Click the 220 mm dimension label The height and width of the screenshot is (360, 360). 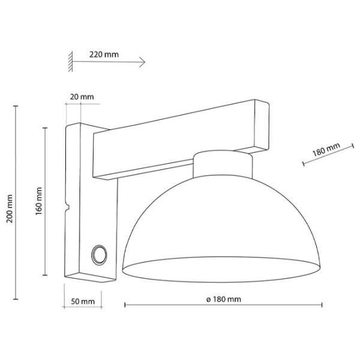[x=104, y=55]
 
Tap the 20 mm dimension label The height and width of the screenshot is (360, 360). [x=82, y=97]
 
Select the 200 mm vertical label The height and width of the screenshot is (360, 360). [x=10, y=209]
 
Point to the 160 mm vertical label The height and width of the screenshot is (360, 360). [x=39, y=201]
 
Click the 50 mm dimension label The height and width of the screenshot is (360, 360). [x=83, y=301]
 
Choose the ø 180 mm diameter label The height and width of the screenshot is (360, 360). [x=223, y=299]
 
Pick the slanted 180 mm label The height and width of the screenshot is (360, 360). [x=326, y=149]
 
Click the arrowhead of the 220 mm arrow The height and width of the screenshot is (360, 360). [x=143, y=62]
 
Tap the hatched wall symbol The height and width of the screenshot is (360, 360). [x=70, y=61]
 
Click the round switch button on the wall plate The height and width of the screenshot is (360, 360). [x=99, y=255]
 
